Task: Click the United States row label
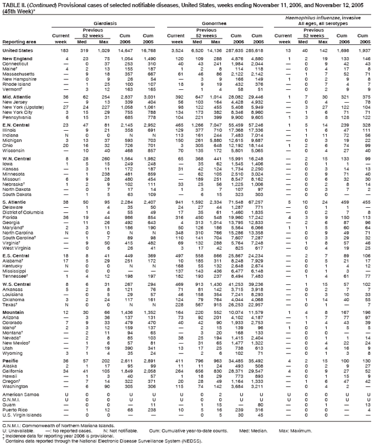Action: tap(18, 51)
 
